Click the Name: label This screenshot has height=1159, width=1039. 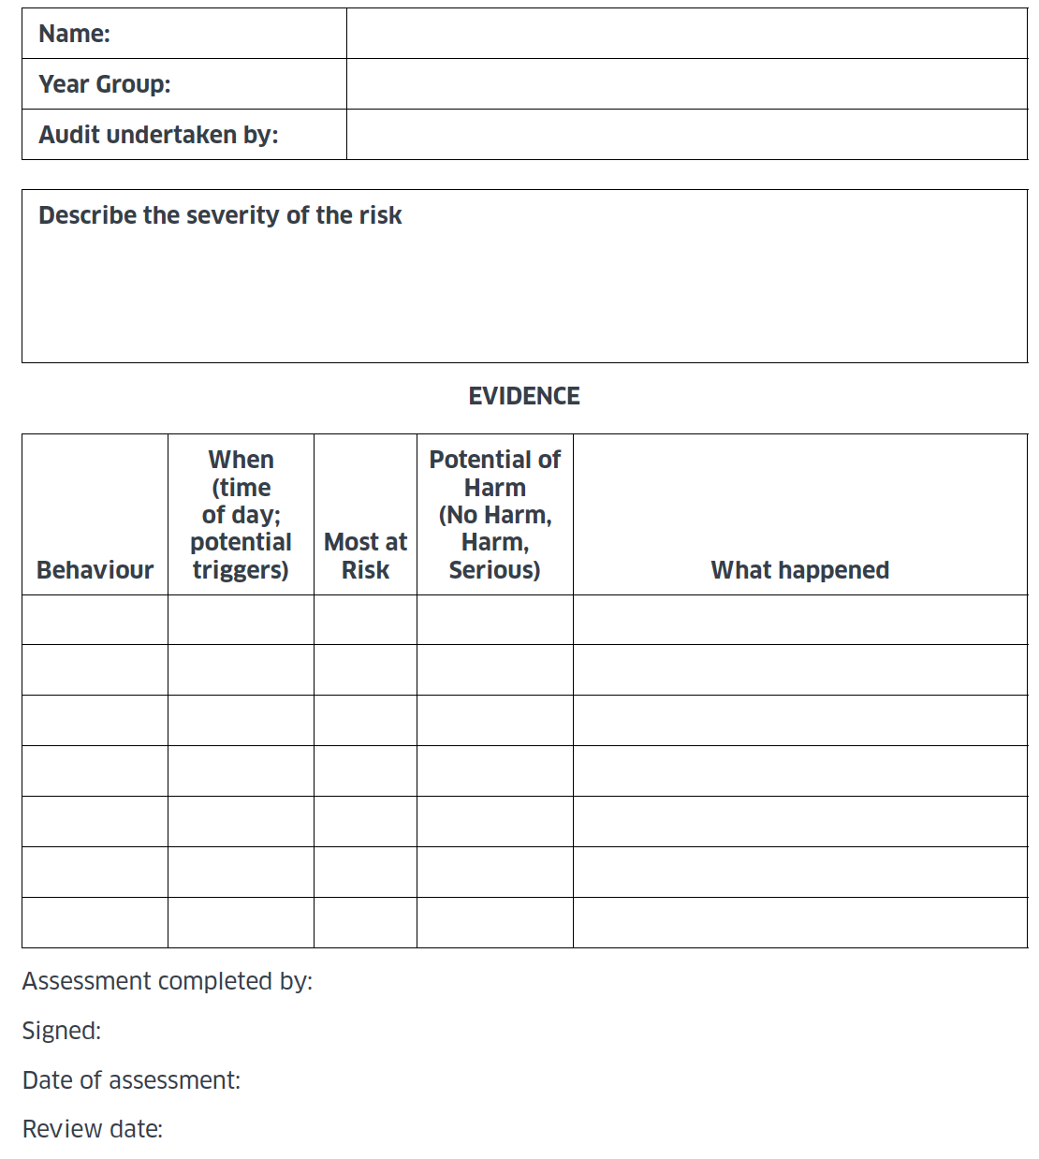75,34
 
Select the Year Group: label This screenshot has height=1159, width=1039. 105,84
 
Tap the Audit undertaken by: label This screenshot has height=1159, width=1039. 158,135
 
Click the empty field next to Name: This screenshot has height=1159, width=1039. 686,34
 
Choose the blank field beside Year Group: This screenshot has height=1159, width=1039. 686,84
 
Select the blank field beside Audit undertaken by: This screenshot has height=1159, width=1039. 686,135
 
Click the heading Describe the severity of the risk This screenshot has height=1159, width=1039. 220,215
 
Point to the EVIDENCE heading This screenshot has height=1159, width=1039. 524,396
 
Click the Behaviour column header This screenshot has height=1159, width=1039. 95,569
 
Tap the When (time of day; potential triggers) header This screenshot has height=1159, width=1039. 241,514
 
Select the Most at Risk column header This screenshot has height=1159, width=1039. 365,555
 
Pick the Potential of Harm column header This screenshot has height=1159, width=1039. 494,514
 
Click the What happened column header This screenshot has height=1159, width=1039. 799,569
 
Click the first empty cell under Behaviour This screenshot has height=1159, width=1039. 95,620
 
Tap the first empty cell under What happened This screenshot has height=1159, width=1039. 799,620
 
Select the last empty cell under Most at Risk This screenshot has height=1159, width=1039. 365,922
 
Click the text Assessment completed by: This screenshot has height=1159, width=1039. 168,981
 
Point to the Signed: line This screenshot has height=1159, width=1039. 62,1031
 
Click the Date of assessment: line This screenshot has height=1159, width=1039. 131,1080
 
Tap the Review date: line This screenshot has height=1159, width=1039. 93,1129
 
